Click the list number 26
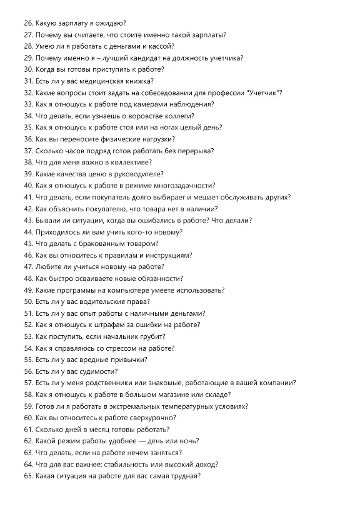point(27,23)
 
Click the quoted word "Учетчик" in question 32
point(262,93)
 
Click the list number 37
point(27,151)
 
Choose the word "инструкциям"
point(168,255)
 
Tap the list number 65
point(27,476)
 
